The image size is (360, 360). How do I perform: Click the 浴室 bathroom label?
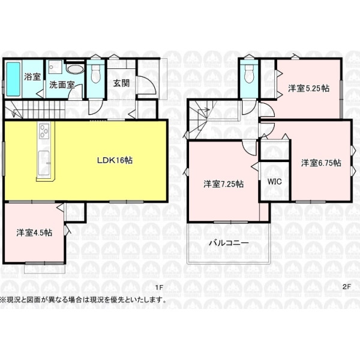click(x=32, y=76)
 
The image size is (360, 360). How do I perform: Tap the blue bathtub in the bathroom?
click(x=13, y=79)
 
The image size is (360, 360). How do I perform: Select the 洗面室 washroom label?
click(x=62, y=85)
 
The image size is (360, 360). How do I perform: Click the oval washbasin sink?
click(x=75, y=69)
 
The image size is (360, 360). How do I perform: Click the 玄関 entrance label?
click(x=121, y=83)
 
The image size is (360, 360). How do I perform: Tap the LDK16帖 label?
click(x=115, y=160)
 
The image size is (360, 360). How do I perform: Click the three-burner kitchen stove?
click(x=44, y=131)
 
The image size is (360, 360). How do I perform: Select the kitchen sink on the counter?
click(x=44, y=163)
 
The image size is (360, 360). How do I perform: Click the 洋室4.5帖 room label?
click(x=34, y=233)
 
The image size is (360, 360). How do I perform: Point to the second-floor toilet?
click(x=249, y=74)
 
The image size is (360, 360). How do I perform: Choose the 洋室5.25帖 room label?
click(x=309, y=88)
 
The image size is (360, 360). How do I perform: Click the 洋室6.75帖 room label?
click(x=321, y=163)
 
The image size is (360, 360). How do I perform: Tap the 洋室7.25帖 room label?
click(x=223, y=184)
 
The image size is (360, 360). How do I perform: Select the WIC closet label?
click(x=275, y=182)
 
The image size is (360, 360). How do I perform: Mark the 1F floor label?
click(x=159, y=287)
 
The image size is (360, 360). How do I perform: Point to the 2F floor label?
click(x=347, y=287)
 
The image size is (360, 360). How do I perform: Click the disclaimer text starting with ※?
click(x=83, y=299)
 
